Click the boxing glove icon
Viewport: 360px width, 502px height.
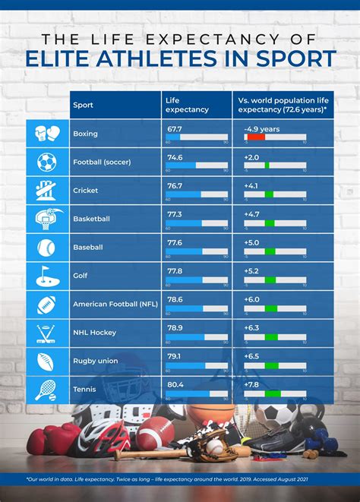tap(46, 134)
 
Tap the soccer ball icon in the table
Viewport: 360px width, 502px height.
tap(46, 162)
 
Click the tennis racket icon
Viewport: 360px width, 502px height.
tap(46, 389)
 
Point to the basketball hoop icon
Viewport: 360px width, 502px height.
tap(46, 219)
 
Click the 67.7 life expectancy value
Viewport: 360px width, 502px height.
tap(174, 129)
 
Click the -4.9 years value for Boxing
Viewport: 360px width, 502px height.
tap(261, 129)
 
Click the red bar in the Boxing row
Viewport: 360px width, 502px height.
tap(255, 137)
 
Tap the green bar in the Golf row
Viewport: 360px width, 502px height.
tap(270, 279)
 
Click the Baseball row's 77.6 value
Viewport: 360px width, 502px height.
tap(174, 243)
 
